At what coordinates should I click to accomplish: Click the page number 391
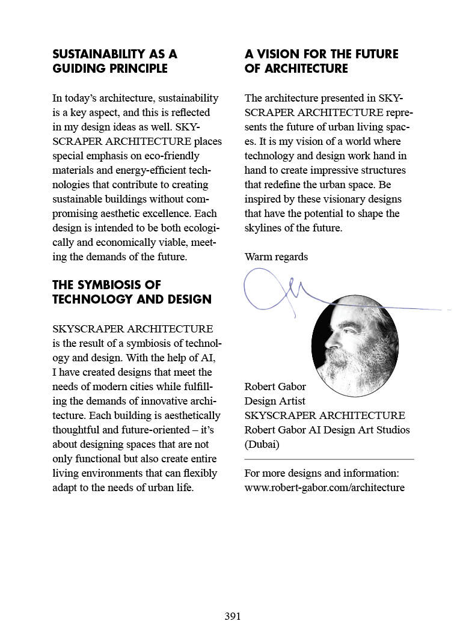coord(233,616)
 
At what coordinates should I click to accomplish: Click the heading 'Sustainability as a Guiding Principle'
coord(115,61)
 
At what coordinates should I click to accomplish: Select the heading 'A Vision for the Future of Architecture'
coord(321,61)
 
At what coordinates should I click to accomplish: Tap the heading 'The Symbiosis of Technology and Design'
coord(132,292)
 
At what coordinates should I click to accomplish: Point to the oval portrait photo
coord(355,346)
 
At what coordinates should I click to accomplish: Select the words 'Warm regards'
coord(276,257)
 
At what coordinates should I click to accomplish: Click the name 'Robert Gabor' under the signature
coord(275,387)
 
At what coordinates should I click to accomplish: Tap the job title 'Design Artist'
coord(275,401)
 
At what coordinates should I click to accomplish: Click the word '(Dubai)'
coord(262,445)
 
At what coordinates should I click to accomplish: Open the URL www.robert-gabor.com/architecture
coord(325,488)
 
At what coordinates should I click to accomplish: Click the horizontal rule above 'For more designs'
coord(329,459)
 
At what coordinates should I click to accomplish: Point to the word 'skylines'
coord(263,228)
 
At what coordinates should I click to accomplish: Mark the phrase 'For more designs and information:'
coord(322,473)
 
